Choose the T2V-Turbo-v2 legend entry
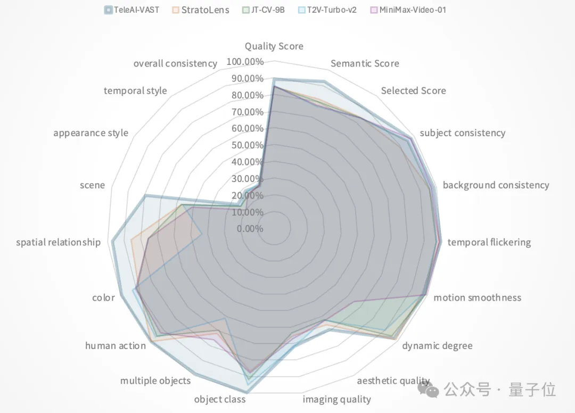332,10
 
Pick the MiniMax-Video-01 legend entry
408,10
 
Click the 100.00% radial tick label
245,62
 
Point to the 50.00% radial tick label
247,145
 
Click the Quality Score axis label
274,46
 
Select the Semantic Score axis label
365,63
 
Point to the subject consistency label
462,133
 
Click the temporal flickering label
489,242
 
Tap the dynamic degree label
437,346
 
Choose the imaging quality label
336,399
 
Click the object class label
219,399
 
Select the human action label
116,346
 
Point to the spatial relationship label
58,242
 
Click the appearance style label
91,133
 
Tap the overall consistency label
175,63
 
